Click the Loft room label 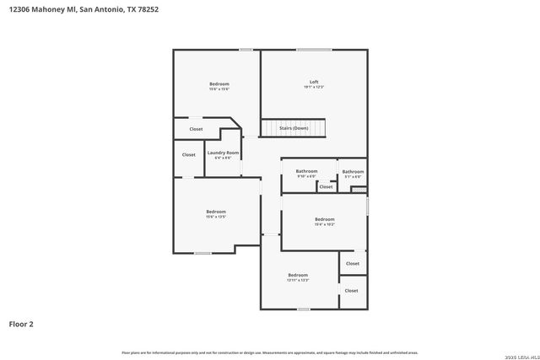click(314, 82)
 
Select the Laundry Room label click(223, 153)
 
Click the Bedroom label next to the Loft click(219, 83)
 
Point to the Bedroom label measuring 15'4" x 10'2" click(325, 219)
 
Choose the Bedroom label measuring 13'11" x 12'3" click(298, 275)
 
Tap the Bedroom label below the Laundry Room click(216, 212)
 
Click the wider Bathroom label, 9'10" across click(306, 171)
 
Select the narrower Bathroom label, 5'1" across click(353, 172)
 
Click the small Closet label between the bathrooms click(326, 187)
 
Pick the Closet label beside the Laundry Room click(189, 154)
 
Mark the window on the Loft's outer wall click(313, 50)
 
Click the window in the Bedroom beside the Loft click(246, 50)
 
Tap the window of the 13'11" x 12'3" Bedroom click(303, 309)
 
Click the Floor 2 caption click(21, 323)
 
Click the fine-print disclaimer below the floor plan click(270, 352)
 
